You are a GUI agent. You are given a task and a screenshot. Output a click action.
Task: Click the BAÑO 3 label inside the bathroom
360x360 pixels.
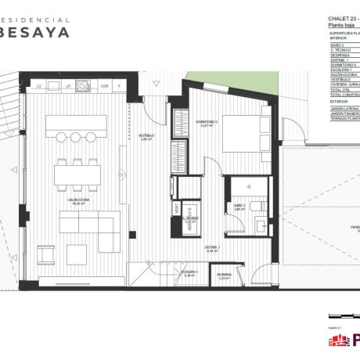point(239,205)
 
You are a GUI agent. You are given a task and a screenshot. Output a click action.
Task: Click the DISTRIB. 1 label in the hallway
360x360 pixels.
point(213,249)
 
